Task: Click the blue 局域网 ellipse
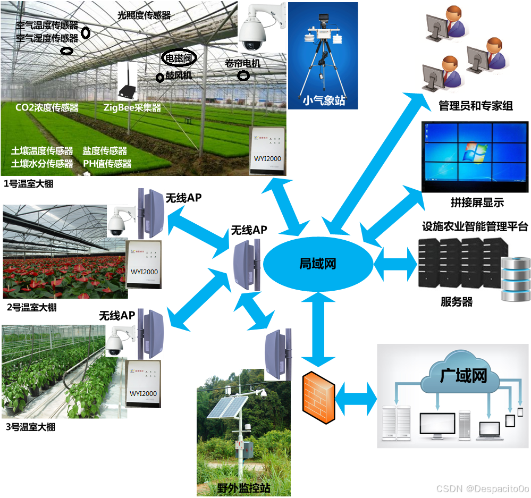318,264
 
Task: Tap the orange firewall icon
319,398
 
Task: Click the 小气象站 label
323,99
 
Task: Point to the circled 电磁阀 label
179,57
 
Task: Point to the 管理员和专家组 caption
475,106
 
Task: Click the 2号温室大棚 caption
30,307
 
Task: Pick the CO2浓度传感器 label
47,108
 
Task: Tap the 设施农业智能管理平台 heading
475,227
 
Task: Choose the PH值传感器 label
107,164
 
